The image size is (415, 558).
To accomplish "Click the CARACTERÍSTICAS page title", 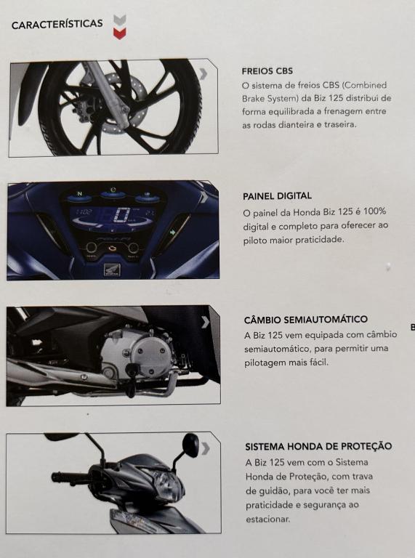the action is pyautogui.click(x=57, y=24).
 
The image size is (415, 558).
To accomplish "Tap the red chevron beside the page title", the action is pyautogui.click(x=120, y=33).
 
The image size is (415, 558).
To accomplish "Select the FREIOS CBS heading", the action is pyautogui.click(x=267, y=70).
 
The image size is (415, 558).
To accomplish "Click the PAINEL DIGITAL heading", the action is pyautogui.click(x=277, y=195).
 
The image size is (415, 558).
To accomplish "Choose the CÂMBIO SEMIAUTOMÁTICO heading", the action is pyautogui.click(x=306, y=319).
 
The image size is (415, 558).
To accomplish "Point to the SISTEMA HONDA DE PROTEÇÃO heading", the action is pyautogui.click(x=318, y=446).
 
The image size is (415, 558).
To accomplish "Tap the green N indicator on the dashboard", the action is pyautogui.click(x=80, y=194).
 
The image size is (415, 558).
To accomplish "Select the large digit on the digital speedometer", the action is pyautogui.click(x=121, y=215).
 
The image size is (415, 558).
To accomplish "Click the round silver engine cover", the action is pyautogui.click(x=150, y=353).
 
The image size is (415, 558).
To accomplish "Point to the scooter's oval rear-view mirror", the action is pyautogui.click(x=190, y=445).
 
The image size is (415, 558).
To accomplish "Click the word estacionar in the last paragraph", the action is pyautogui.click(x=268, y=519).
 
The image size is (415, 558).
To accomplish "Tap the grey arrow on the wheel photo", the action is pyautogui.click(x=204, y=73).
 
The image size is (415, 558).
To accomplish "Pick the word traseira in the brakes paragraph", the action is pyautogui.click(x=340, y=124).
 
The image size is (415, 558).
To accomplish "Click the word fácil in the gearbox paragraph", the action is pyautogui.click(x=319, y=363).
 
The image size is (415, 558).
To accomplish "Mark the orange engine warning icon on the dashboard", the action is pyautogui.click(x=112, y=248).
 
